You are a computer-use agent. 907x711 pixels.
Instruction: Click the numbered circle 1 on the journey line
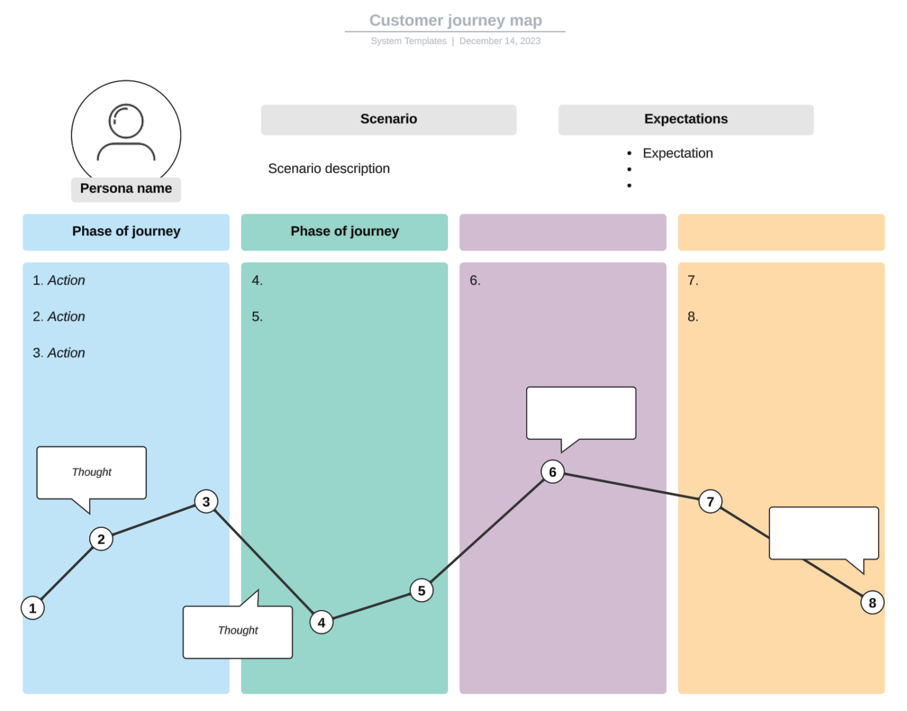coord(32,608)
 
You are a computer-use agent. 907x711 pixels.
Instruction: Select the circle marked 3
coord(206,501)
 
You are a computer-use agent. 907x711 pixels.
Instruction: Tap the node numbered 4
coord(321,622)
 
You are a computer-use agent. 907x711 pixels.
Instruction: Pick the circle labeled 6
coord(552,472)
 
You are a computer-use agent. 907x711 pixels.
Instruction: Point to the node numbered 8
coord(872,602)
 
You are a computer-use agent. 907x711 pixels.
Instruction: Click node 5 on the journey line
coord(421,590)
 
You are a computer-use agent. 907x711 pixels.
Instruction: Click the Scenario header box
coord(389,119)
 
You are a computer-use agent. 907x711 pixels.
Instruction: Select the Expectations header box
coord(686,119)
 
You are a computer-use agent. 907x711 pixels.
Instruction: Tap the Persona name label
coord(126,189)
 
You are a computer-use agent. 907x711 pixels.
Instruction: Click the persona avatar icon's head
coord(126,121)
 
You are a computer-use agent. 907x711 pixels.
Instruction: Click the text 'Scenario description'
coord(329,169)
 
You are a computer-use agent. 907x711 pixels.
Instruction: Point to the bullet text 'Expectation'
coord(677,154)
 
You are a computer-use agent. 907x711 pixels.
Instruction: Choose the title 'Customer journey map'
coord(455,21)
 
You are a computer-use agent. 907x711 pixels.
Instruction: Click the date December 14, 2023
coord(500,41)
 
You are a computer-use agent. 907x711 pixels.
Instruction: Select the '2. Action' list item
coord(59,317)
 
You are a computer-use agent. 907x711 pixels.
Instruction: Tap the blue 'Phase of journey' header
coord(126,231)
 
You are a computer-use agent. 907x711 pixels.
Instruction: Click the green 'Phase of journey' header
coord(344,231)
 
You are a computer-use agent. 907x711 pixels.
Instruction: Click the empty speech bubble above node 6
coord(581,413)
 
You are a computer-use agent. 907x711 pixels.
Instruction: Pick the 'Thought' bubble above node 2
coord(92,472)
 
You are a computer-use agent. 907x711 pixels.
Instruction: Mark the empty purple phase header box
coord(563,231)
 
